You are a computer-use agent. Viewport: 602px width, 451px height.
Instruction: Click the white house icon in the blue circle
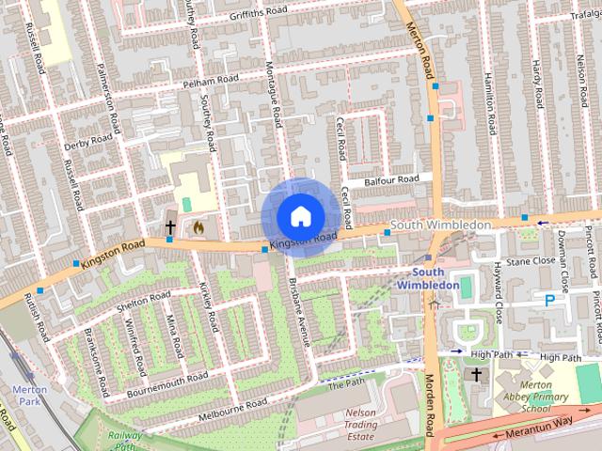tap(299, 216)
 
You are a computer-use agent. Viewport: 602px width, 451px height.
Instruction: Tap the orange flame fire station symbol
tap(198, 226)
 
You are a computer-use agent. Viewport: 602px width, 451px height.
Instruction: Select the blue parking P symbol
tap(549, 301)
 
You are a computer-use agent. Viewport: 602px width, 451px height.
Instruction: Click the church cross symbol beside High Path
tap(477, 375)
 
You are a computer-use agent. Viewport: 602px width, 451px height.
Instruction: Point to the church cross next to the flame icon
tap(170, 226)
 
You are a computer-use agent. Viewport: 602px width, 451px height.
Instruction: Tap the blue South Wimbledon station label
tap(428, 278)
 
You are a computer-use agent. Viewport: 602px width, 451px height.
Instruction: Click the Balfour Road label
tap(393, 179)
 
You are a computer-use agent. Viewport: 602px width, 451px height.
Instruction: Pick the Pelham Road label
tap(211, 81)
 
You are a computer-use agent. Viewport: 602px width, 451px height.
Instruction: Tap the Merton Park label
tap(28, 395)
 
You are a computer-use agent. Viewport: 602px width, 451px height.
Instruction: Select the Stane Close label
tap(531, 260)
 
